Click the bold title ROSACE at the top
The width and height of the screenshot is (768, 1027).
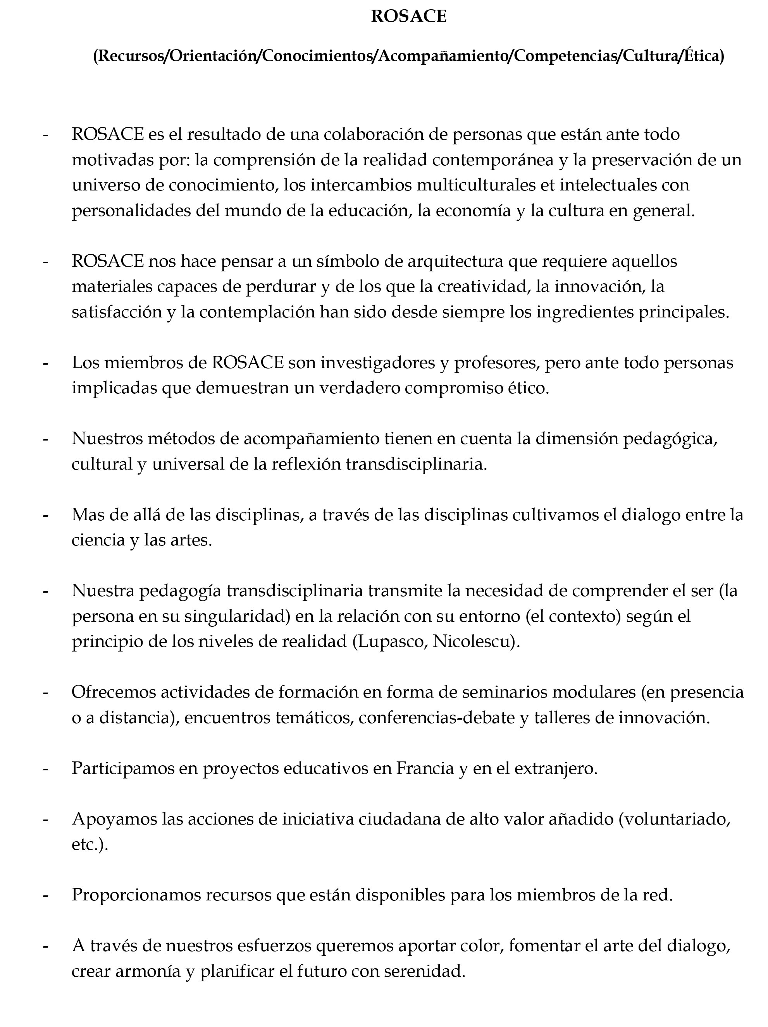click(408, 17)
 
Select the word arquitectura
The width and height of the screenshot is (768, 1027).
click(455, 261)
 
